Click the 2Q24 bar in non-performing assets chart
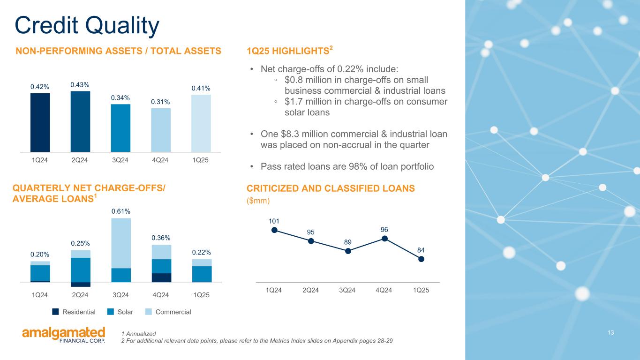click(80, 121)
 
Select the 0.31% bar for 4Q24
click(161, 130)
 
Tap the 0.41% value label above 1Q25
click(201, 88)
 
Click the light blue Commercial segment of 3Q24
click(120, 243)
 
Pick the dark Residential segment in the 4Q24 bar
click(161, 277)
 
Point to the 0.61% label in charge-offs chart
click(120, 212)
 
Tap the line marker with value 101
click(274, 230)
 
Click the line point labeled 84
click(421, 258)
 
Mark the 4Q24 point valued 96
click(384, 238)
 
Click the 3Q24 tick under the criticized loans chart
click(347, 290)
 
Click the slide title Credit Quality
click(87, 25)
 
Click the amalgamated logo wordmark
click(64, 333)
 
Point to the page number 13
click(610, 332)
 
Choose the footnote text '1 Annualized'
click(138, 333)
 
